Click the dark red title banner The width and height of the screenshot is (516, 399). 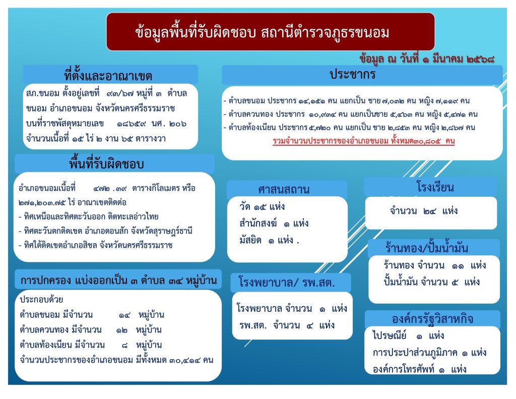[x=270, y=32]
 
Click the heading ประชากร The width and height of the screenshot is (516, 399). [x=352, y=75]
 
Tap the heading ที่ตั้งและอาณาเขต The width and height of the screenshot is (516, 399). [x=108, y=76]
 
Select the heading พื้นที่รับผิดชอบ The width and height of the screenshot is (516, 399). [x=106, y=164]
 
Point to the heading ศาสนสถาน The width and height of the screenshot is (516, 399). [x=284, y=190]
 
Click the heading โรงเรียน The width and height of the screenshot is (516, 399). [x=435, y=187]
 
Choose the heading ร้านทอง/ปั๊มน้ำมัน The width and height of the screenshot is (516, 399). [x=426, y=247]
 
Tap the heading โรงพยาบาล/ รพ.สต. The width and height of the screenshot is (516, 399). [x=286, y=282]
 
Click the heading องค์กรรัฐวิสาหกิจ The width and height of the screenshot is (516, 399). [x=432, y=319]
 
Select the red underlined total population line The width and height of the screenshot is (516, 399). [x=364, y=141]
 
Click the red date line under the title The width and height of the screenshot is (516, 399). [x=427, y=59]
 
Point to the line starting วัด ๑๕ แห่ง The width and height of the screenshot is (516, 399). [x=262, y=207]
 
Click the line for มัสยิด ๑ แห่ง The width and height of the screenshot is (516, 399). [x=269, y=240]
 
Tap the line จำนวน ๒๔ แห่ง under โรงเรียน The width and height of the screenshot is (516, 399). [x=423, y=210]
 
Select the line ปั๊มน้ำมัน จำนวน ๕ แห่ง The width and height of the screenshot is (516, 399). [x=431, y=282]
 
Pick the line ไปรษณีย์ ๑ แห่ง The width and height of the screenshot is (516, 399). [x=408, y=336]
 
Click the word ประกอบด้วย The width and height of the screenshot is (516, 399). [x=41, y=300]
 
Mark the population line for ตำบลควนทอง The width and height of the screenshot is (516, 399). [x=351, y=115]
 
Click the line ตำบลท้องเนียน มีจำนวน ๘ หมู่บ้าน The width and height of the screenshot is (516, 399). [x=91, y=345]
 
